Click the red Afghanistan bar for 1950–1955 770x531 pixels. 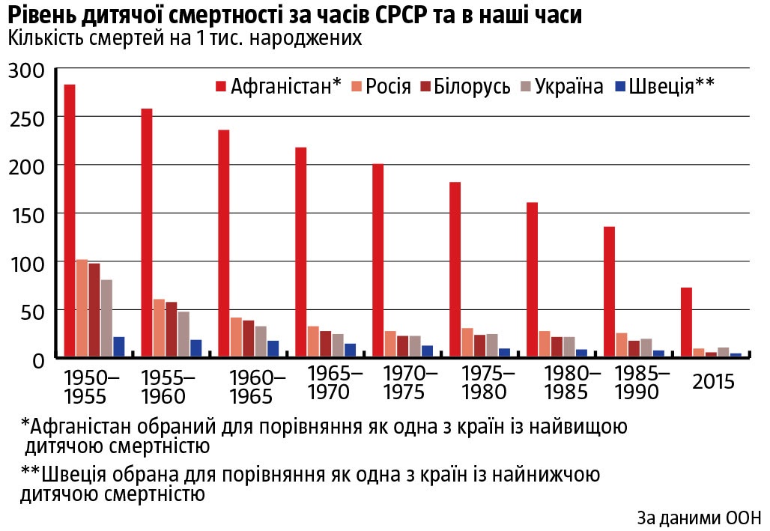click(x=70, y=220)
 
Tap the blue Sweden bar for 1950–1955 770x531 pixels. click(x=118, y=347)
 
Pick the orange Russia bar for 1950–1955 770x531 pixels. click(x=82, y=308)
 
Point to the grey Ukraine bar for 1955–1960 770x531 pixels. click(x=184, y=334)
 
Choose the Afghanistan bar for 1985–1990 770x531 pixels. click(x=609, y=292)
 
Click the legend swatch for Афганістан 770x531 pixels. click(x=221, y=86)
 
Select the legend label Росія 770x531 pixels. click(x=389, y=86)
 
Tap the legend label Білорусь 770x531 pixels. click(x=474, y=86)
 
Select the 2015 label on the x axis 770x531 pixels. click(x=713, y=382)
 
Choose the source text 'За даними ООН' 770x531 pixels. click(x=699, y=518)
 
